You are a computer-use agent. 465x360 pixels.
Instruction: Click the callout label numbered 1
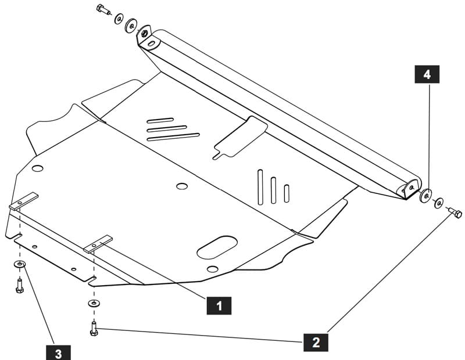tap(219, 305)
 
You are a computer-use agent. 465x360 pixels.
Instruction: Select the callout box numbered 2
tap(316, 342)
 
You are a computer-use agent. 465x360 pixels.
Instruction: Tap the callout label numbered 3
tap(59, 352)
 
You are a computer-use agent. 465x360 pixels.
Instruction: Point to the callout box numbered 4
tap(427, 74)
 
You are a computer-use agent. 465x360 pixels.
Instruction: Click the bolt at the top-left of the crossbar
tap(103, 9)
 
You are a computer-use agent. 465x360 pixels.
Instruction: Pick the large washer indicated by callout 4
tap(425, 196)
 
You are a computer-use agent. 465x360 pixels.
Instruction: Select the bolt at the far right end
tap(455, 213)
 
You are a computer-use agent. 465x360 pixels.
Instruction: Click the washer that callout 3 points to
tap(20, 264)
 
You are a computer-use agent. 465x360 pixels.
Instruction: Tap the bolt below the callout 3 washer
tap(19, 286)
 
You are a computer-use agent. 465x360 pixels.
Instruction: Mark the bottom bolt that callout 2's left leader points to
tap(94, 329)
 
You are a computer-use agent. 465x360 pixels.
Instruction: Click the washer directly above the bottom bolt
tap(94, 303)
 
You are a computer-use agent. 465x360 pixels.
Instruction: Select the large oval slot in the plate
tap(217, 247)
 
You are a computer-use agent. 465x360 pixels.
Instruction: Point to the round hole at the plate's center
tap(182, 186)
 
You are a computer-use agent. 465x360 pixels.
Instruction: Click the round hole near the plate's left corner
tap(38, 168)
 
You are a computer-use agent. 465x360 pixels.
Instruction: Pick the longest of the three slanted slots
tap(173, 137)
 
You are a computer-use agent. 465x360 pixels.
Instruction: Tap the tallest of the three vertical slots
tap(260, 188)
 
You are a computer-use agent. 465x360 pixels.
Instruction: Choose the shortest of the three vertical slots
tap(287, 193)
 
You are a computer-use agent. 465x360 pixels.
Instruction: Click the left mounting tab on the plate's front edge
tap(24, 201)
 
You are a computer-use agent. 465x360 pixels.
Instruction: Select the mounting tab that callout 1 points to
tap(98, 244)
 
